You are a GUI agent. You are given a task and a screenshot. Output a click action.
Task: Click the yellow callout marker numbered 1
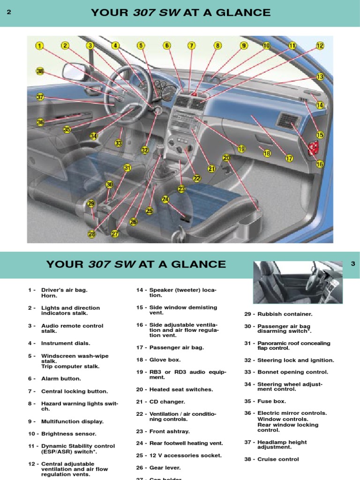[x=39, y=46]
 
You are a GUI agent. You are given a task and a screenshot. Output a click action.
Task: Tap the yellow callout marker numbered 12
[x=320, y=46]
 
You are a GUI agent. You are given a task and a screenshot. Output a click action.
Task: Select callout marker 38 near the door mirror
[x=40, y=71]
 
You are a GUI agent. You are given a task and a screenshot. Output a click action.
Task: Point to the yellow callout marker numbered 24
[x=165, y=199]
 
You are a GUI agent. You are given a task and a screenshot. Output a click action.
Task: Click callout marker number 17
[x=289, y=158]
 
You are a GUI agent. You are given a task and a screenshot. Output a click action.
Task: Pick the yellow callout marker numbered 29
[x=91, y=204]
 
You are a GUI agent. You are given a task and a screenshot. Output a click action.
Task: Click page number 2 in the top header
[x=9, y=13]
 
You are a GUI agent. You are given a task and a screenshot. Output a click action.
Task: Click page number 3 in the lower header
[x=352, y=264]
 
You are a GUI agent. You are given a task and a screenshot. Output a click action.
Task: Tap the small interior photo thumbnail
[x=298, y=282]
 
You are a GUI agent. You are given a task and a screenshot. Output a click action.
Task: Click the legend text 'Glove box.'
[x=165, y=360]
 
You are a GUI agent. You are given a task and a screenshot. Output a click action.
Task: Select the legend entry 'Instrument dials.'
[x=66, y=343]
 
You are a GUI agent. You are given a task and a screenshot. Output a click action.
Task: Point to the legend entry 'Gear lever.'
[x=165, y=467]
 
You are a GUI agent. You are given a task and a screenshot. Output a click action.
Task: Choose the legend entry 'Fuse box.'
[x=271, y=401]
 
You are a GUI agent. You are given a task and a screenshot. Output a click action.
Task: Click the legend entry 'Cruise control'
[x=277, y=459]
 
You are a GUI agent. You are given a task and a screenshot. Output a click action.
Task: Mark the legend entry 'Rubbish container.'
[x=285, y=314]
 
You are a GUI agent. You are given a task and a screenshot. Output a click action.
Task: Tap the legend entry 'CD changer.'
[x=167, y=402]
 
